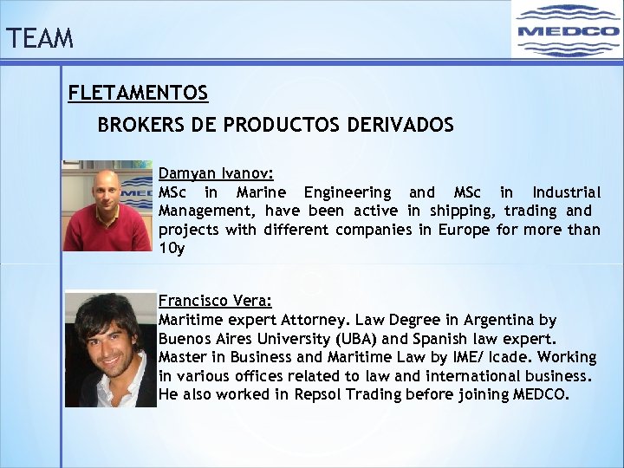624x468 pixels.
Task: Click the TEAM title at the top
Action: [x=39, y=39]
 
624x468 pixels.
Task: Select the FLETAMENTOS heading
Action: [x=139, y=93]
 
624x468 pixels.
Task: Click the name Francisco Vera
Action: [x=215, y=302]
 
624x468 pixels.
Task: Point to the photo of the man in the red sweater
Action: [x=107, y=205]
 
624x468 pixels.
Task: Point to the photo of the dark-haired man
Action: [x=110, y=349]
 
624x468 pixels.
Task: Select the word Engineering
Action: [x=348, y=192]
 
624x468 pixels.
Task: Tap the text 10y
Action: [x=172, y=249]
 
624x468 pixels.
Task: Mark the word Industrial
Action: [x=566, y=192]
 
